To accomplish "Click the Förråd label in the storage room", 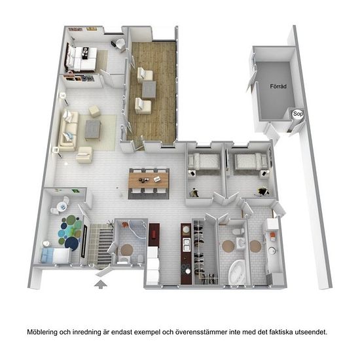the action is coord(278,86).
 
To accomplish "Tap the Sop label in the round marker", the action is coord(298,114).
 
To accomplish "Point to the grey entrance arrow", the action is coord(101,284).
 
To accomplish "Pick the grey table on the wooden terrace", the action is coord(149,90).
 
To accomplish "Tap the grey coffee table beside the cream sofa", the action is coord(93,130).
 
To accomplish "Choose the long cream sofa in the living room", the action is coord(68,131).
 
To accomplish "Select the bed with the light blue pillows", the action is coord(55,256).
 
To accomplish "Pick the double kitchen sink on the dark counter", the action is coord(186,245).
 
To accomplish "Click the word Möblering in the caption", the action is coord(42,332).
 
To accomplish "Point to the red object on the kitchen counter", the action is coord(154,234).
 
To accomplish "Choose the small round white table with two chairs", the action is coord(62,206).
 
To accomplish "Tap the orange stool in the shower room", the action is coord(125,225).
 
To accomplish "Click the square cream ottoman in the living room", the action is coord(94,111).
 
